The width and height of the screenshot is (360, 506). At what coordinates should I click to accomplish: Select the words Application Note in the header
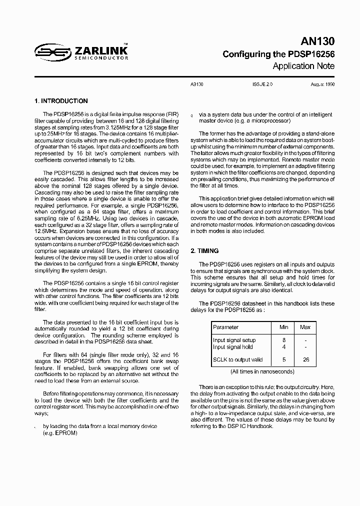coord(303,66)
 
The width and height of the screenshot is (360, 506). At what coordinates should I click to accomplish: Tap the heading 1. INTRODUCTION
coord(61,101)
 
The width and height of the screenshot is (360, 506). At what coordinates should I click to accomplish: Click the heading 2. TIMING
coord(205,251)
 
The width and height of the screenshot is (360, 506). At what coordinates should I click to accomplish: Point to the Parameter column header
coord(226,327)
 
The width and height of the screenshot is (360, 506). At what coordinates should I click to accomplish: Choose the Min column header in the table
coord(284,327)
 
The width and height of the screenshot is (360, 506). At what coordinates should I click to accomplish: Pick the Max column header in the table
coord(305,327)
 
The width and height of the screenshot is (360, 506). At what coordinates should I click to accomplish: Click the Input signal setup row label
coord(234,340)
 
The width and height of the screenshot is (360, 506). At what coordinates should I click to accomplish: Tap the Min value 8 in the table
coord(284,340)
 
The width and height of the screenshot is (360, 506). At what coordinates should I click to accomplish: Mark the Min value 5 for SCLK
coord(284,359)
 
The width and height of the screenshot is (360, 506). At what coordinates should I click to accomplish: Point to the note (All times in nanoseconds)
coord(262,371)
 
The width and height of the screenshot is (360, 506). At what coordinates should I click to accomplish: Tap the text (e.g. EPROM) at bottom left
coord(60,432)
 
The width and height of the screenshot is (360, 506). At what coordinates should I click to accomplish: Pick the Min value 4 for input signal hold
coord(284,346)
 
